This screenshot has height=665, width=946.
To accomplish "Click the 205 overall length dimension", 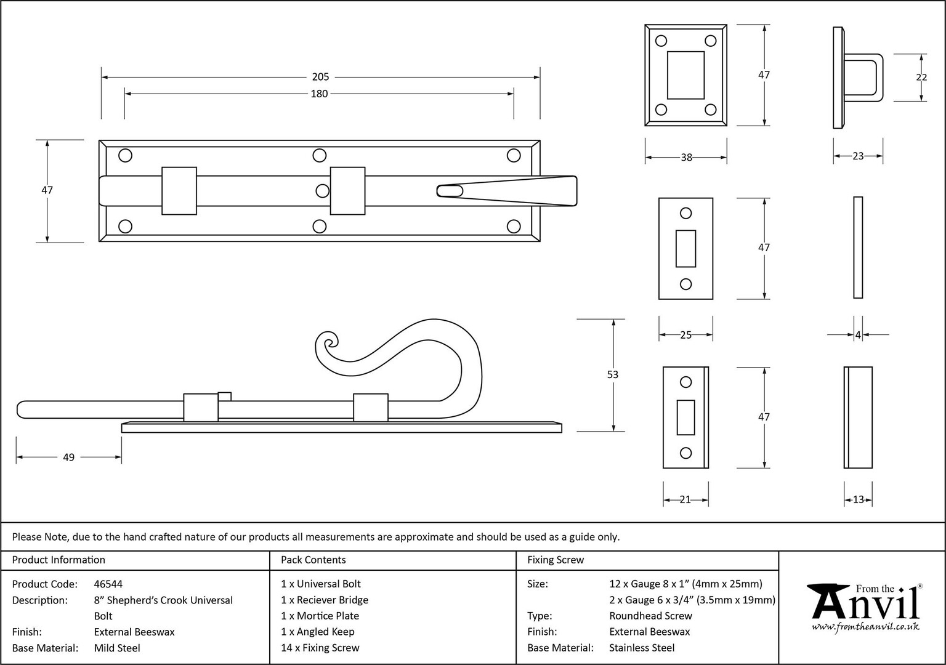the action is [320, 77].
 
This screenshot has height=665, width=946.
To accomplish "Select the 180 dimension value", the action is [319, 94].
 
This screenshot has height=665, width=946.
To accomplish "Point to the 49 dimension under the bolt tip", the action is [68, 457].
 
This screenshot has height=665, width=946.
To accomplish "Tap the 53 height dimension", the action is [612, 374].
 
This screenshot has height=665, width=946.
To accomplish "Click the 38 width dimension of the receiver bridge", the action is [686, 158].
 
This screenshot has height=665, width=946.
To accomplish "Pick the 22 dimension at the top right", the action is [921, 77].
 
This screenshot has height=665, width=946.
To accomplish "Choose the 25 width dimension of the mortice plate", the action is [686, 335].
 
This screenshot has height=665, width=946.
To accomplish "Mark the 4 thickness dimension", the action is [858, 335].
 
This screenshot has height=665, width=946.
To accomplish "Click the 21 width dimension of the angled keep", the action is [685, 500].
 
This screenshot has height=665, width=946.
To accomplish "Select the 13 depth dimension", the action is [858, 500].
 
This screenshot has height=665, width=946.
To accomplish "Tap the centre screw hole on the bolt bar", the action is [322, 191].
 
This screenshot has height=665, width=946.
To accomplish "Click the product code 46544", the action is [108, 584].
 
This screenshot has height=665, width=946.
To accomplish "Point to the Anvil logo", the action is [865, 608].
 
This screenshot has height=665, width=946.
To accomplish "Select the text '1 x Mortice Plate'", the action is [320, 616].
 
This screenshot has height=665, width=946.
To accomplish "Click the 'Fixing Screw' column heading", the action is [556, 560].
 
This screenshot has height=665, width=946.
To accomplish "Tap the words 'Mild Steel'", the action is [117, 648].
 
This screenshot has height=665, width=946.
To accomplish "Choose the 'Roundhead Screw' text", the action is [650, 616].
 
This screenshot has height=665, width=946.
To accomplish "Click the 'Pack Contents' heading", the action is [313, 560].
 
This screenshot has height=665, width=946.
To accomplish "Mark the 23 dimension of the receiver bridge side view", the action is [858, 156].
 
